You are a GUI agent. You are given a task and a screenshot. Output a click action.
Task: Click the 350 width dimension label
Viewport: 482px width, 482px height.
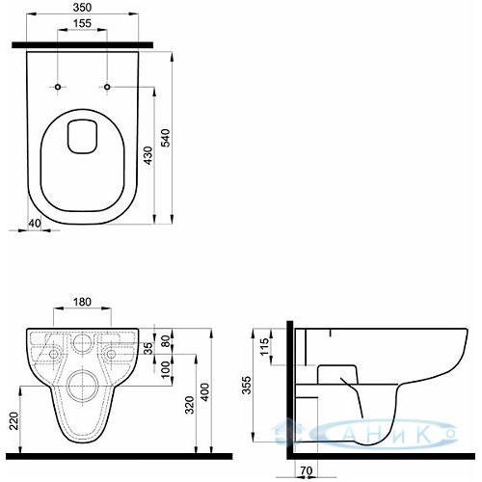82,8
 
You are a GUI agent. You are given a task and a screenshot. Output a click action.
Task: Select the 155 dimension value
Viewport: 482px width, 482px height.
82,23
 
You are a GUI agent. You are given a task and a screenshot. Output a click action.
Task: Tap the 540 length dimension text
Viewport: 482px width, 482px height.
166,138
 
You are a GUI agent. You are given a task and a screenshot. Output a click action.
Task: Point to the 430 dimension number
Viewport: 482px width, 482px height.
147,156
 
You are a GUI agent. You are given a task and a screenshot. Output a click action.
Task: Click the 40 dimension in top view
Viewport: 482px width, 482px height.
35,223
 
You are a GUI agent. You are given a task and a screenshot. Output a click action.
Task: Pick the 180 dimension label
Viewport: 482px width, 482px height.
82,302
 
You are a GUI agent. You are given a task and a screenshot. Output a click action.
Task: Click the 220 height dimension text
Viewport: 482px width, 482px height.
13,420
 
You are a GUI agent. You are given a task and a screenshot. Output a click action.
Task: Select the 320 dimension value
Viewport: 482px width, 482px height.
190,405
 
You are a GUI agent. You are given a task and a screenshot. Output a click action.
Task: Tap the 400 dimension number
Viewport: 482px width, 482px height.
205,391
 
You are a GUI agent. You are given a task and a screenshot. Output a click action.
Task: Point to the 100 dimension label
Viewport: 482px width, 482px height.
166,370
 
